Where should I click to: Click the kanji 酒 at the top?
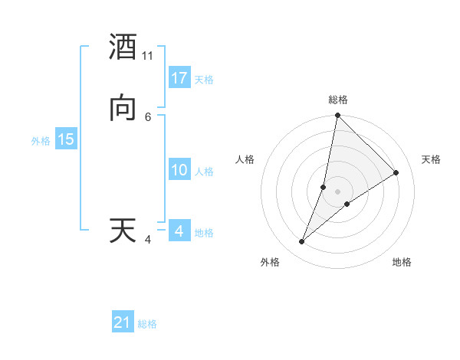click(123, 48)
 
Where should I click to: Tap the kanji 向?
click(123, 108)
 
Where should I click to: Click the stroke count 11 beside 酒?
click(148, 56)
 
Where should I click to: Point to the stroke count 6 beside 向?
click(148, 116)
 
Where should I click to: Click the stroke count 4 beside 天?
click(148, 239)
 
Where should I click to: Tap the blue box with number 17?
click(179, 78)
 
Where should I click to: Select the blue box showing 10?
click(179, 170)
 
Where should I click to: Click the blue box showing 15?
click(66, 139)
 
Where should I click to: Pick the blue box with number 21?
click(123, 322)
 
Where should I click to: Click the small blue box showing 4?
click(179, 231)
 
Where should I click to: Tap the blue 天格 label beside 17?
click(204, 80)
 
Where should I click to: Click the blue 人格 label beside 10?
click(204, 172)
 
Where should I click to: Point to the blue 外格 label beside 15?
click(41, 141)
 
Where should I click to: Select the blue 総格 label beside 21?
click(147, 324)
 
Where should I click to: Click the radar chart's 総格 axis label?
click(338, 100)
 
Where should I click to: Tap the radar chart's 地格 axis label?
click(402, 263)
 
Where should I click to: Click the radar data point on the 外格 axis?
click(302, 242)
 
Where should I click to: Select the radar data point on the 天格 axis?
click(396, 173)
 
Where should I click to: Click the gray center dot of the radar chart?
click(338, 191)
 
